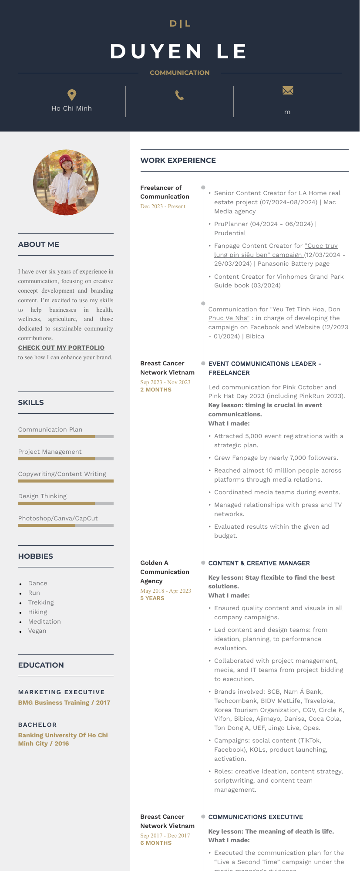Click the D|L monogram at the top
[180, 24]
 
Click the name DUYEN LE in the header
[179, 51]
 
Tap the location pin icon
[72, 95]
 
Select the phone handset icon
[179, 95]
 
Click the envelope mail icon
[287, 90]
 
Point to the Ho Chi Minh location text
[72, 108]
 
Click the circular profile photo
[66, 182]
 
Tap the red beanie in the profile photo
[66, 160]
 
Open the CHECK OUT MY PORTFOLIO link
[61, 348]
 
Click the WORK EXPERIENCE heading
[178, 160]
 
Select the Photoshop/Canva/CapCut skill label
[58, 518]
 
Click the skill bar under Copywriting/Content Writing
[66, 481]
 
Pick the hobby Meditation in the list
[44, 621]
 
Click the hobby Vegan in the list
[37, 631]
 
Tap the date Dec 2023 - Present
[163, 206]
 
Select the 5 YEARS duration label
[152, 598]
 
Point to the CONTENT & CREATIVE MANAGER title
[259, 563]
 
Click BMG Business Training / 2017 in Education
[64, 702]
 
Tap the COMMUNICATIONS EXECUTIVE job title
[256, 817]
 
